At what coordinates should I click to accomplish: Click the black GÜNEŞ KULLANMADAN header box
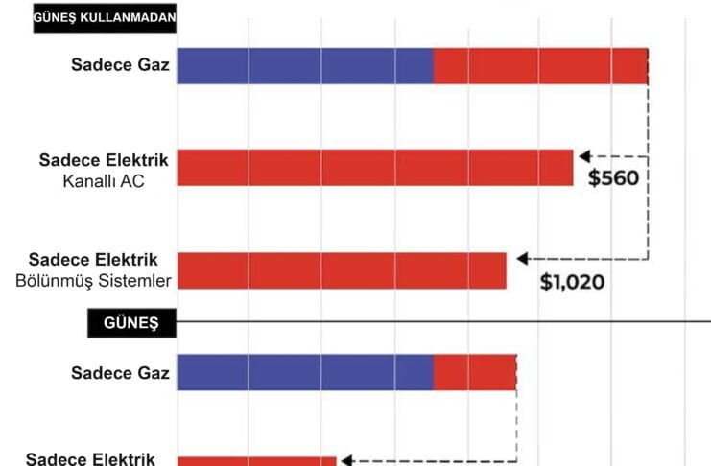[106, 18]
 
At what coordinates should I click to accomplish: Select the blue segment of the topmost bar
[305, 66]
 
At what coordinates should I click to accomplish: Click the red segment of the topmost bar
[540, 66]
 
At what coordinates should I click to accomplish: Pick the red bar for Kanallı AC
[375, 167]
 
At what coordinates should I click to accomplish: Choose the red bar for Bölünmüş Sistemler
[342, 269]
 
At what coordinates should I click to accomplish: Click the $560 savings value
[613, 178]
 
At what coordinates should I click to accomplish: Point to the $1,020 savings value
[573, 282]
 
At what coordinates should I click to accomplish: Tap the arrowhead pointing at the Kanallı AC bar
[583, 154]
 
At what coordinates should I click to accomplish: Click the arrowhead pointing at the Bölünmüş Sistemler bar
[522, 258]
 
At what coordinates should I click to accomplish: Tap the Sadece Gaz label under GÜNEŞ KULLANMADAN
[120, 65]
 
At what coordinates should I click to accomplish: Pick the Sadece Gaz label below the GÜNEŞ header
[120, 372]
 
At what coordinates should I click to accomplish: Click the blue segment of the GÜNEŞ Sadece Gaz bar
[305, 372]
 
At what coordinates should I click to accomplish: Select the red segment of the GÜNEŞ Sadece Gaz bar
[475, 372]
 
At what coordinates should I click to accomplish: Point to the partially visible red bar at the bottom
[256, 460]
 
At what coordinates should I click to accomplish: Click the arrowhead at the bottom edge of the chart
[348, 460]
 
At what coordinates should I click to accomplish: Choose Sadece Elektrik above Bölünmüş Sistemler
[93, 260]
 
